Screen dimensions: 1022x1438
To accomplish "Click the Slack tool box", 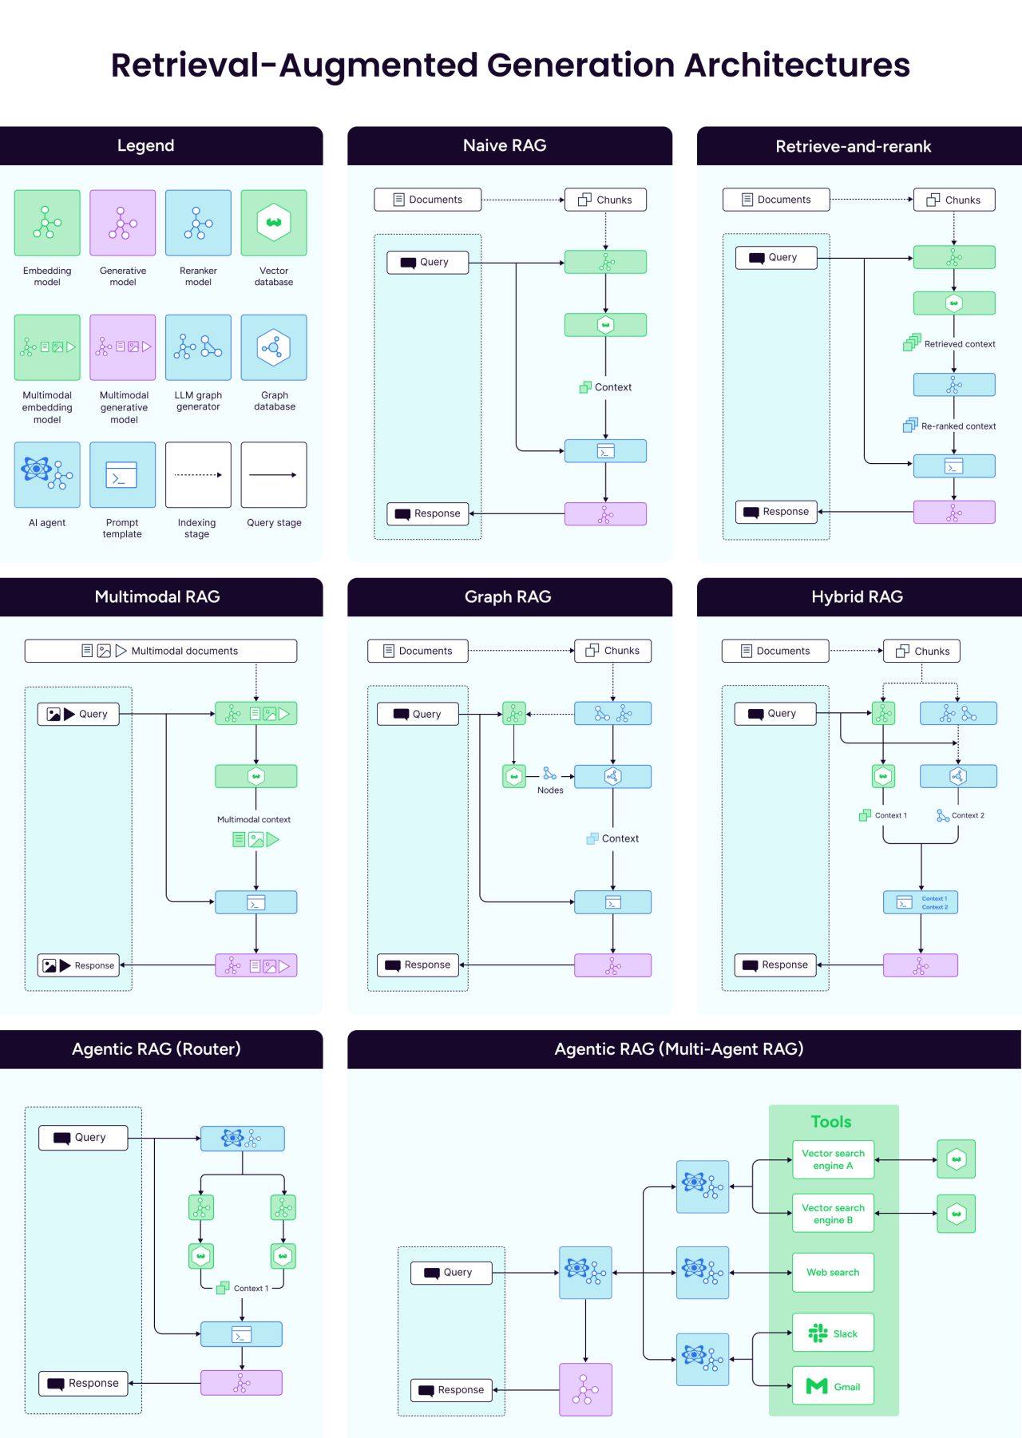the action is point(833,1333).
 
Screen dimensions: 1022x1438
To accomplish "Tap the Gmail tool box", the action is point(833,1386).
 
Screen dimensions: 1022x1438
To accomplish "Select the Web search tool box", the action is point(833,1272).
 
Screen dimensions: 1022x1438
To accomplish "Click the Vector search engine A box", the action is point(833,1159).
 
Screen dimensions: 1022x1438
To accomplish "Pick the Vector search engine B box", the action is point(833,1214).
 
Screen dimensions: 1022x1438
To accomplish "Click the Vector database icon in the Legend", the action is point(274,223).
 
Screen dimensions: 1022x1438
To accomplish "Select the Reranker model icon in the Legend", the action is point(198,223).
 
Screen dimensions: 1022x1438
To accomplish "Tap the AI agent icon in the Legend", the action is point(47,474).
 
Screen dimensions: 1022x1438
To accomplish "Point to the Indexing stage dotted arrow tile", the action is point(198,474).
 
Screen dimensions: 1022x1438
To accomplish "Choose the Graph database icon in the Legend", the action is point(274,347).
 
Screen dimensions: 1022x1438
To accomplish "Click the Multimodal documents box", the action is point(160,651).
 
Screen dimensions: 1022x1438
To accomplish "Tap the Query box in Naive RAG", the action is point(428,262).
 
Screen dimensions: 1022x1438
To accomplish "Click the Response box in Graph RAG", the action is point(418,965).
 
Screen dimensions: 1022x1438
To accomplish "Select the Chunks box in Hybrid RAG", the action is point(921,651).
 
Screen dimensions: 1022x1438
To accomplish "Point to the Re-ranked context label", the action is point(958,426).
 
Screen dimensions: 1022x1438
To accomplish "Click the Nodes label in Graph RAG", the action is point(550,790).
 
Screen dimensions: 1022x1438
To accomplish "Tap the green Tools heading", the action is point(831,1121).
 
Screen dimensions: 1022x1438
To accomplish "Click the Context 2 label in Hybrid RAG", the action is point(968,815).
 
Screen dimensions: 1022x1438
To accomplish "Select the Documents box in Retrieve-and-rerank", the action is point(776,200).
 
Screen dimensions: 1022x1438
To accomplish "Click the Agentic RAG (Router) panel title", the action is point(156,1048).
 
